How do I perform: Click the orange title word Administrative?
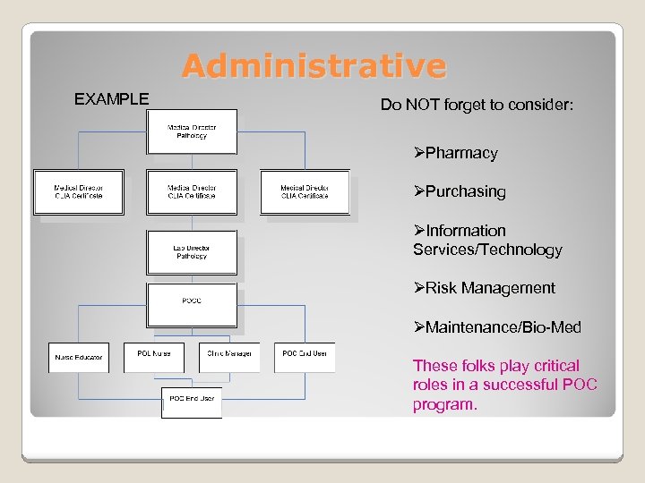(x=314, y=66)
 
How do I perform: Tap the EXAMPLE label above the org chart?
(x=111, y=99)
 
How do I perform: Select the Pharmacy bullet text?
(x=461, y=153)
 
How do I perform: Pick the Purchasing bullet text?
(x=465, y=191)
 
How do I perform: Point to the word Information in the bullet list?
(x=466, y=231)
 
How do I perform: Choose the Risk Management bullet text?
(x=490, y=288)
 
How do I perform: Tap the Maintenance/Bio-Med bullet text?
(x=503, y=327)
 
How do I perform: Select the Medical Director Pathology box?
(x=192, y=131)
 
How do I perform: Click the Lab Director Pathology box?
(x=192, y=252)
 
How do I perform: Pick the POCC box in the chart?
(x=192, y=301)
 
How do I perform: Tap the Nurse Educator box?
(x=79, y=357)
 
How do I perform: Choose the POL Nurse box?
(x=154, y=354)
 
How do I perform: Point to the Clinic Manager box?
(x=229, y=354)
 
